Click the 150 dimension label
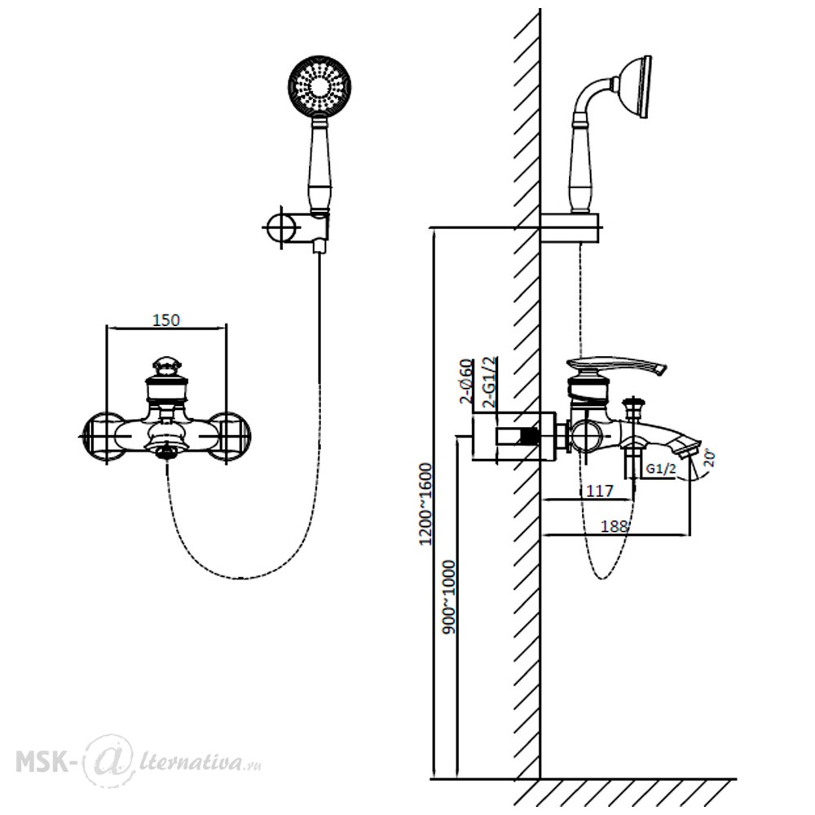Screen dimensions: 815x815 [x=166, y=319]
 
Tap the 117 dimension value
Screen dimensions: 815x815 [x=599, y=490]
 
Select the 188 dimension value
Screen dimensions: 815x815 [x=615, y=526]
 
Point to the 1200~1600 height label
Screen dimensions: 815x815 [x=425, y=504]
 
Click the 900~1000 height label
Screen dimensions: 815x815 [x=448, y=597]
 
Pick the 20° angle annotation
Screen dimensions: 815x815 [x=709, y=458]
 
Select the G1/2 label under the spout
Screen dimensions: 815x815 [x=661, y=469]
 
